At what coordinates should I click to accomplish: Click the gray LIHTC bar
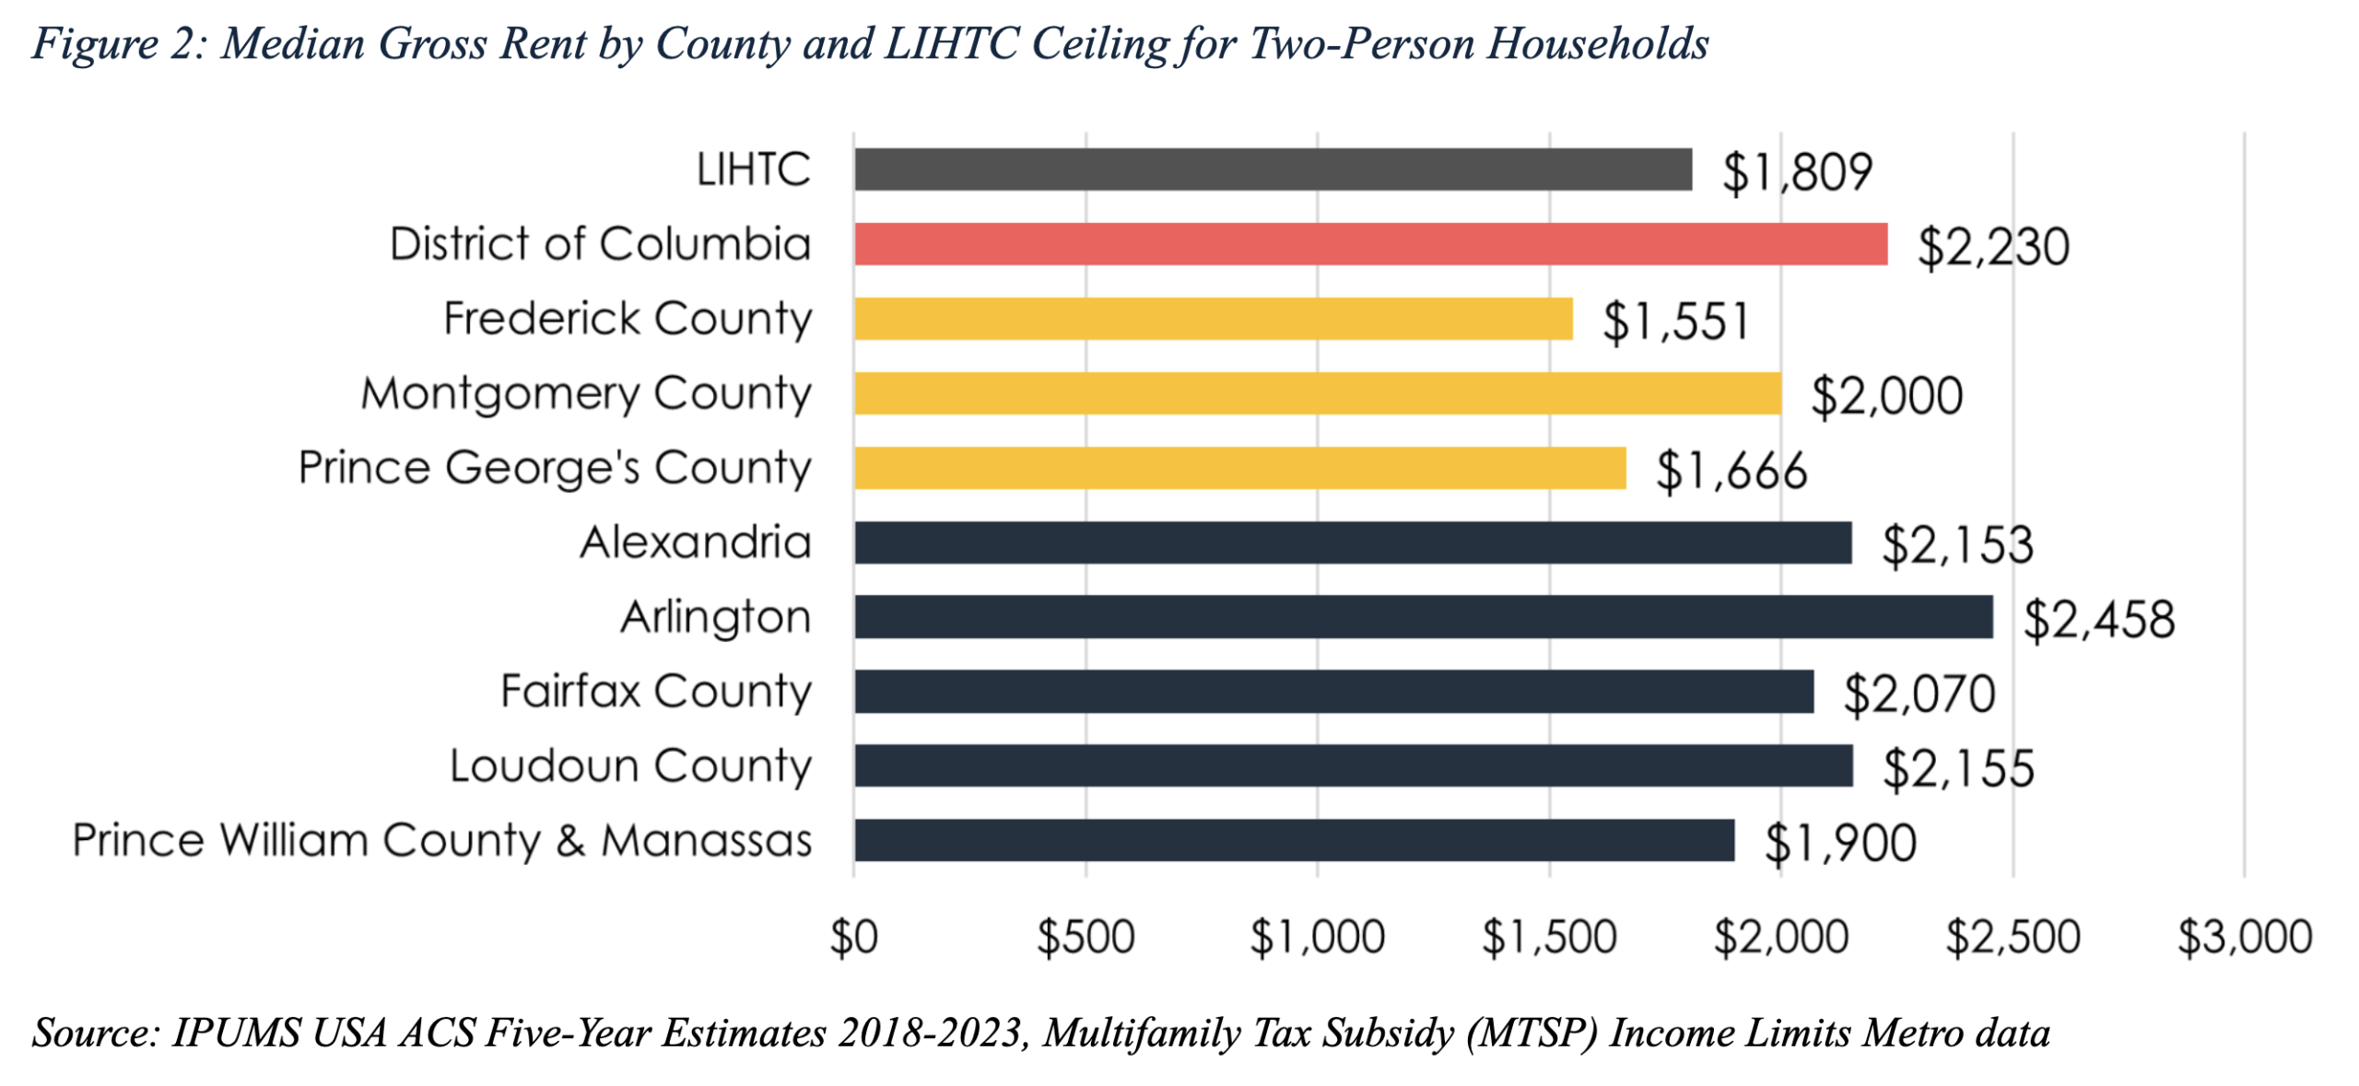(x=1272, y=169)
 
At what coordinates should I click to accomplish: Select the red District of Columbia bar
(x=1369, y=244)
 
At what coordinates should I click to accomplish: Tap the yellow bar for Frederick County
(x=1213, y=319)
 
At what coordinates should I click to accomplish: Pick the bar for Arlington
(x=1422, y=617)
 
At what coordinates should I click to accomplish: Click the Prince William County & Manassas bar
(x=1293, y=840)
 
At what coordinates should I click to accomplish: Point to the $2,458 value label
(x=2098, y=619)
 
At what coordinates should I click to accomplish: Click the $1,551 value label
(x=1675, y=321)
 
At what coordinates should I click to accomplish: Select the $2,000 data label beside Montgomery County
(x=1886, y=396)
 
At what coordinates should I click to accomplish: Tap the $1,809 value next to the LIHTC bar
(x=1797, y=172)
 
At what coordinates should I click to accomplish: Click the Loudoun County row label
(x=630, y=766)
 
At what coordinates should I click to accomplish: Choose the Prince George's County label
(x=554, y=468)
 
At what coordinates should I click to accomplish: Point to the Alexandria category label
(x=696, y=543)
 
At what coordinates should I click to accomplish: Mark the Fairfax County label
(x=655, y=692)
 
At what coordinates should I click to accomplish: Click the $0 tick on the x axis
(x=853, y=938)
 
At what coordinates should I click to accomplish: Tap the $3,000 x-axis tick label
(x=2244, y=938)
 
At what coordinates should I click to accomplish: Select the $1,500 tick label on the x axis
(x=1548, y=938)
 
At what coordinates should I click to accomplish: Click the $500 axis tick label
(x=1086, y=938)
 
